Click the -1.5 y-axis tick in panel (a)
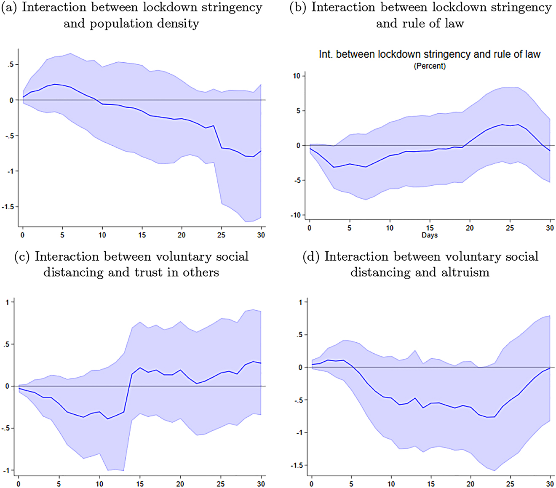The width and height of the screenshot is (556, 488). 8,207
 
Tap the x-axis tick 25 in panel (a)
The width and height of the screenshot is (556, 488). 221,235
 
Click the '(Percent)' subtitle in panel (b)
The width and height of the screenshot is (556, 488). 430,66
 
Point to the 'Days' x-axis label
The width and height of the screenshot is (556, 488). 430,235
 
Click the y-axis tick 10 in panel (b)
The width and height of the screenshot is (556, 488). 297,76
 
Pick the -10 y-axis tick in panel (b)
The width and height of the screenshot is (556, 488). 295,215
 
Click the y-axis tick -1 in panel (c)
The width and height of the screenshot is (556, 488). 6,470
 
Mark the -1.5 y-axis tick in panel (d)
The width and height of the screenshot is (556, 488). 297,465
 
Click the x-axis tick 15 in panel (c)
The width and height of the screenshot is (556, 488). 139,484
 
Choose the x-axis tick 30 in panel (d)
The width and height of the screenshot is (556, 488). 550,484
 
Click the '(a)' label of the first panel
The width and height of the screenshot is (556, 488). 10,8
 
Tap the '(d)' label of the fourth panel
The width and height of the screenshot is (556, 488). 311,256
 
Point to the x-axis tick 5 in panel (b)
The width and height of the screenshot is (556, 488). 349,228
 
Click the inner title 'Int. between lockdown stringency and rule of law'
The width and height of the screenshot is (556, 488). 430,54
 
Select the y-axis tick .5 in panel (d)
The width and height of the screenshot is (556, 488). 299,335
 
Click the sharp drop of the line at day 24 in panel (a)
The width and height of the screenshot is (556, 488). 218,137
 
